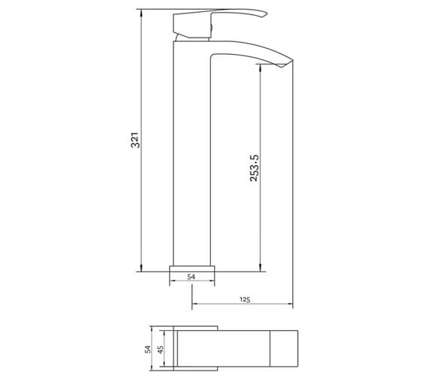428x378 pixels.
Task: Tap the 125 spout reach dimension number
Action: (x=245, y=298)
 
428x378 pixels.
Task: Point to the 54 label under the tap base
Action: (x=191, y=277)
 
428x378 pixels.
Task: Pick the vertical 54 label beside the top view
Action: (x=148, y=349)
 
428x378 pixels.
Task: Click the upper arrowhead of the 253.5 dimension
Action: (x=261, y=64)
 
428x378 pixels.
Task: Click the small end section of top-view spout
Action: (x=284, y=349)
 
